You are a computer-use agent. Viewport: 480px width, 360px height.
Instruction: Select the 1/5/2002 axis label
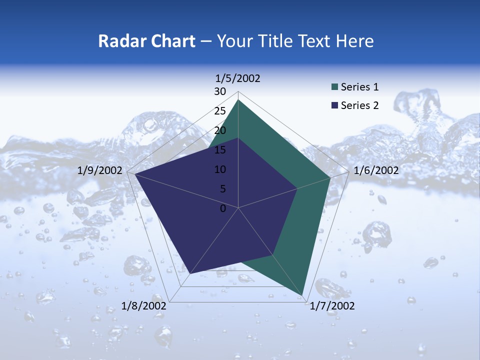click(238, 78)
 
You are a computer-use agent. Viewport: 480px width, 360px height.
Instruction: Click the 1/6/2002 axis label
click(376, 170)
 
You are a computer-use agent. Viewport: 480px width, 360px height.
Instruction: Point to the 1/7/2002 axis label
click(332, 306)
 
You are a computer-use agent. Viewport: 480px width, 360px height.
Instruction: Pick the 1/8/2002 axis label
click(144, 306)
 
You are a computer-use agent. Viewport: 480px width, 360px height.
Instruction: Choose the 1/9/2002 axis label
click(100, 170)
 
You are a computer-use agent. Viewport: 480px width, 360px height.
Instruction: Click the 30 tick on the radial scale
click(219, 91)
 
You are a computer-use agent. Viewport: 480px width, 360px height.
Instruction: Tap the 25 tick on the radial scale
click(219, 111)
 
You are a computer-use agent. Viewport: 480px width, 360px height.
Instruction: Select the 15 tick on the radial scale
click(219, 150)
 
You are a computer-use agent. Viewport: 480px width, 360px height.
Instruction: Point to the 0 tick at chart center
click(223, 208)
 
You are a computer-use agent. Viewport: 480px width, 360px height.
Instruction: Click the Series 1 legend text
click(359, 87)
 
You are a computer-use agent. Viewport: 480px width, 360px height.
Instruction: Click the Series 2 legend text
click(359, 105)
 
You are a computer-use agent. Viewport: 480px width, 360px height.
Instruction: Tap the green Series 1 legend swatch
click(335, 87)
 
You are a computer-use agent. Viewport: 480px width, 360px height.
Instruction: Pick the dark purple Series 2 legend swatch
click(335, 105)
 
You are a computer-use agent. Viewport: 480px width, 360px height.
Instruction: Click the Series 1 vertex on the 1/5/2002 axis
click(238, 99)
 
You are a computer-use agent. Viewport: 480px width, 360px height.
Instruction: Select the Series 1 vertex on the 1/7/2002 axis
click(303, 295)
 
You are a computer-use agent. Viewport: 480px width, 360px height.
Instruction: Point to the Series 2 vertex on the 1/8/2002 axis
click(190, 273)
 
